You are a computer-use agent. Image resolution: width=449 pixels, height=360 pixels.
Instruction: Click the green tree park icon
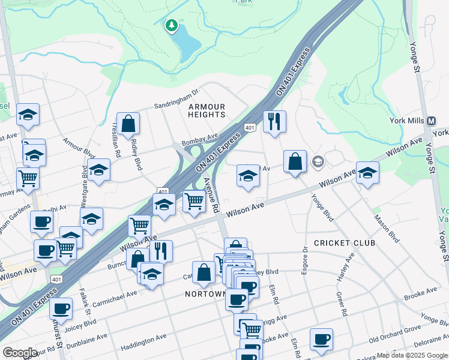pos(172,26)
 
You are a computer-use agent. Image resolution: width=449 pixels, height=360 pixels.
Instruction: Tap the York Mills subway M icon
pos(431,120)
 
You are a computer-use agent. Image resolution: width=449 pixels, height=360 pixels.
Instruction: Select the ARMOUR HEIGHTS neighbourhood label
pos(206,110)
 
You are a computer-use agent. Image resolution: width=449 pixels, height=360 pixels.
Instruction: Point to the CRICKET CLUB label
pos(345,243)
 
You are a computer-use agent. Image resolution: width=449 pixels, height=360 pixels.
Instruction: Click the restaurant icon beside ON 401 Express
pos(274,122)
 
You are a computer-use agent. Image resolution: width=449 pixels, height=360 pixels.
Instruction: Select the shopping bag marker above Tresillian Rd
pos(128,124)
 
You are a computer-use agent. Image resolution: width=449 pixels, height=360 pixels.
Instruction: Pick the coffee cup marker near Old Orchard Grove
pos(321,339)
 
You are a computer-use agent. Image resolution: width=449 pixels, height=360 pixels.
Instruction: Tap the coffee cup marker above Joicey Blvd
pos(61,309)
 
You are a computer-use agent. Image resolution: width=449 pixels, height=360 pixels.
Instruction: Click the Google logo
pos(20,353)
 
